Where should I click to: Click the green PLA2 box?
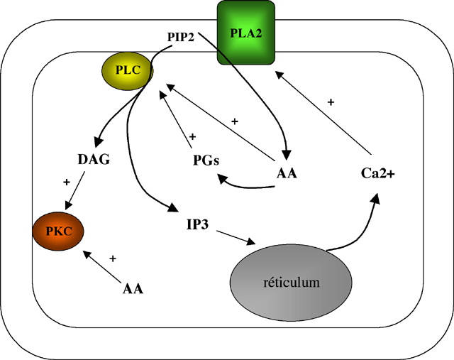click(245, 32)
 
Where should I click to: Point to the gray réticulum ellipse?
click(291, 282)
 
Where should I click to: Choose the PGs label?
click(206, 160)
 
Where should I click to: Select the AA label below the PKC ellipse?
click(133, 288)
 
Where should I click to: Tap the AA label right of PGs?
click(286, 173)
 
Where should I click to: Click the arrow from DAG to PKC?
click(80, 194)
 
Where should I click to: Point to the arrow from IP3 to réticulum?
click(236, 238)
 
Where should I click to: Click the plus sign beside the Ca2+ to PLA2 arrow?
click(331, 102)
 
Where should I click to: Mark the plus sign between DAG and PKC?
click(67, 182)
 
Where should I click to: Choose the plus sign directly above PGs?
click(192, 136)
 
